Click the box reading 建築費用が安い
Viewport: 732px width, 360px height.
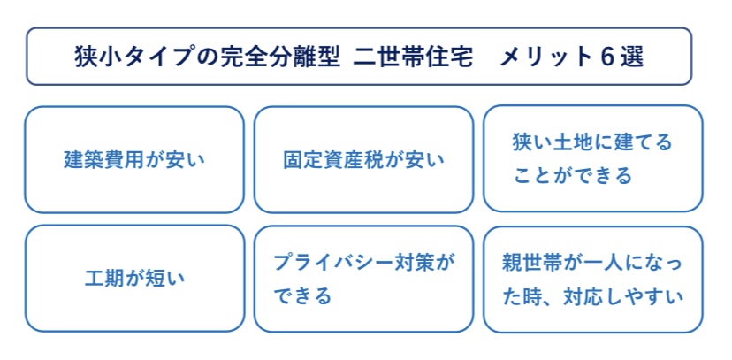pyautogui.click(x=134, y=160)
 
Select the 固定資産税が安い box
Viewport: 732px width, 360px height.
pyautogui.click(x=363, y=160)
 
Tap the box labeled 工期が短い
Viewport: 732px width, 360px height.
pyautogui.click(x=134, y=279)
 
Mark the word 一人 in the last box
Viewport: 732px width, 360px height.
pyautogui.click(x=600, y=263)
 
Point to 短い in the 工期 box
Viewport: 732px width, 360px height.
pyautogui.click(x=159, y=279)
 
